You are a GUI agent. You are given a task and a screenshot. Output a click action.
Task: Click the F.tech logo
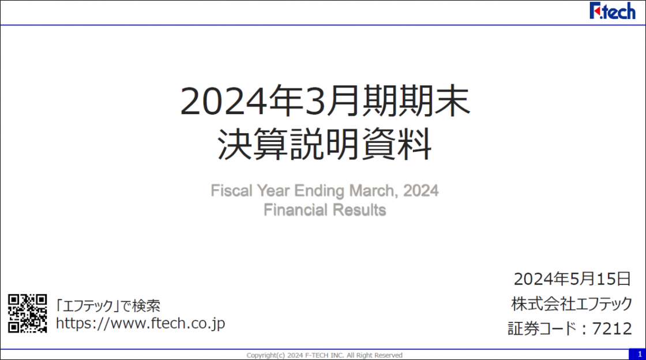612,11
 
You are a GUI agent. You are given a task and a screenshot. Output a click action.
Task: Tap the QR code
27,313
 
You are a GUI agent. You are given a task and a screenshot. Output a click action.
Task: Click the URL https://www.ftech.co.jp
141,324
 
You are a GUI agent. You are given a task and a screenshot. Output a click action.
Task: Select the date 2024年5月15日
572,279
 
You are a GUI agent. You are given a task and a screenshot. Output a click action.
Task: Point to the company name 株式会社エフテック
572,304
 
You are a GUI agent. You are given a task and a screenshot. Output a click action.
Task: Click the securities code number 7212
612,329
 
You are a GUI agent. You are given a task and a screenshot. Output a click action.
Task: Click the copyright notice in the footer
324,355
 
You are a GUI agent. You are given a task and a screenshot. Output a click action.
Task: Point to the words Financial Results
325,210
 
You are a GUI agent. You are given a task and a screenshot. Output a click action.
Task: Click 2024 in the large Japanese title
224,102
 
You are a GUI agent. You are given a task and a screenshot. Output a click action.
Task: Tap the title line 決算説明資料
325,144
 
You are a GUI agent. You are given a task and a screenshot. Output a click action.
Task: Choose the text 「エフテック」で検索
108,306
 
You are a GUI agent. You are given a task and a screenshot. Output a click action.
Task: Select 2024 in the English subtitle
420,191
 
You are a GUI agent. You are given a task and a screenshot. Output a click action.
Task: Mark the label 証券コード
542,329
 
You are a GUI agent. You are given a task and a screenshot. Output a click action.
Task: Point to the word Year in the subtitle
273,191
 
